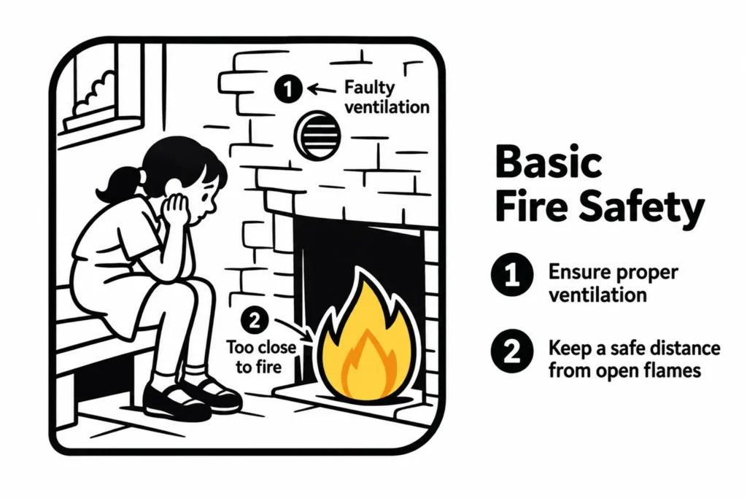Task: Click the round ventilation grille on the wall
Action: (317, 136)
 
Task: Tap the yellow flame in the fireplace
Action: (366, 343)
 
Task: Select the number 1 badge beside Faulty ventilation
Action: (288, 89)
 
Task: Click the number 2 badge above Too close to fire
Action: (255, 320)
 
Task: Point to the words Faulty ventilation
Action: (387, 97)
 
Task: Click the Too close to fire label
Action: (260, 357)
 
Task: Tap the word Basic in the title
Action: (548, 162)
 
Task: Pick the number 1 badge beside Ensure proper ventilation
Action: (512, 275)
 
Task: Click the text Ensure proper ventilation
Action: (614, 283)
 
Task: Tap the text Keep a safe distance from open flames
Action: (634, 359)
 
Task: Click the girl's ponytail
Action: (117, 184)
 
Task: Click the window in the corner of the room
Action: (102, 90)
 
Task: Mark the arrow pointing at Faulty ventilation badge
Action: (322, 89)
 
